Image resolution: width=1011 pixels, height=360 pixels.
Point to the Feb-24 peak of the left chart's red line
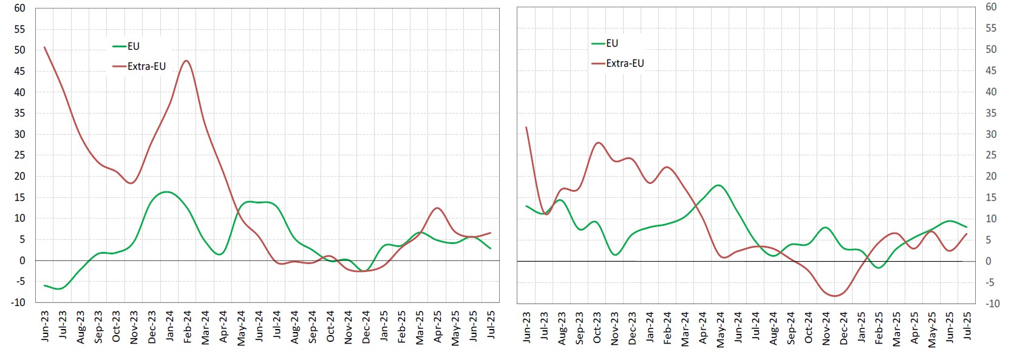[186, 61]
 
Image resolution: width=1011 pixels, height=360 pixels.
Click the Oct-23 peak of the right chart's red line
[599, 143]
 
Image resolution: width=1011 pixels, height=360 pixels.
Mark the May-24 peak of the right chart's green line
[719, 185]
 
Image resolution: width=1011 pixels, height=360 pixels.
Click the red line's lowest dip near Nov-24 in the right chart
[835, 296]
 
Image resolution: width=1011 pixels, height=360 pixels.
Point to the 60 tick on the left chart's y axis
[19, 8]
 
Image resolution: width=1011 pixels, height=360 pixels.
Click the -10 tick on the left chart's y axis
[18, 302]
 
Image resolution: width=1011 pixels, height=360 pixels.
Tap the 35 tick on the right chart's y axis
[991, 113]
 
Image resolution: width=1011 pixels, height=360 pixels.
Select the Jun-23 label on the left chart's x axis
[45, 326]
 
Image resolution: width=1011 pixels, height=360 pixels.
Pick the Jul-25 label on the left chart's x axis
[491, 324]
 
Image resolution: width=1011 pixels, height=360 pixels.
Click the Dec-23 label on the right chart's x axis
[632, 328]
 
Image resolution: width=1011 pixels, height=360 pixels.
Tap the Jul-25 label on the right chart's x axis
[967, 325]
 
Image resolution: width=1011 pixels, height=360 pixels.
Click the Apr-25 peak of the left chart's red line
[437, 208]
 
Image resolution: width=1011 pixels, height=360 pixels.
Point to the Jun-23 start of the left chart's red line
[44, 47]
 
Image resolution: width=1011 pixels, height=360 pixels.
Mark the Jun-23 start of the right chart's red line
[526, 127]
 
